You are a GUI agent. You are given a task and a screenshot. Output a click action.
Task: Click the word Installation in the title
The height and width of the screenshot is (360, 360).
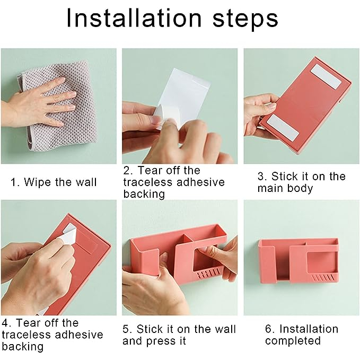[134, 18]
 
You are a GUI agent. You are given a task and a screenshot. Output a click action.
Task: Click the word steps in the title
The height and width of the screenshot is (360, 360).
[245, 20]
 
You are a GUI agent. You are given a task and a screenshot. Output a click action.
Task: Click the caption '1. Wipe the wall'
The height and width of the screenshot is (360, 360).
[54, 182]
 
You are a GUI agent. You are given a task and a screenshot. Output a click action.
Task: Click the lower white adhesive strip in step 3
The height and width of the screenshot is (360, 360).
[284, 128]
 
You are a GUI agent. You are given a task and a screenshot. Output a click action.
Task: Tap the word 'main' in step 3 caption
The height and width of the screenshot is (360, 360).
[270, 188]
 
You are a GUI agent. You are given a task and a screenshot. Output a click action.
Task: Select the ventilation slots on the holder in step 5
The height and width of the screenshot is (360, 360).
[208, 274]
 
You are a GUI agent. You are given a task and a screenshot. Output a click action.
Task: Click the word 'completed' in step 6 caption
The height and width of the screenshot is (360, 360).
[293, 341]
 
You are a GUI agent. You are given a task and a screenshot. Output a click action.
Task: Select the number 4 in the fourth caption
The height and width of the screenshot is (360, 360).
[5, 323]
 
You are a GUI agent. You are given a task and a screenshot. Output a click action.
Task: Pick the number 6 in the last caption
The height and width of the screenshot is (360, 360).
[268, 329]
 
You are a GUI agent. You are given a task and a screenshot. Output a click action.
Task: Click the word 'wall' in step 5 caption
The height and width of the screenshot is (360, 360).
[225, 329]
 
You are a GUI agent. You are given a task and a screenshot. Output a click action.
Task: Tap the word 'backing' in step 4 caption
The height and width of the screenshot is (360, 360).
[22, 347]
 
